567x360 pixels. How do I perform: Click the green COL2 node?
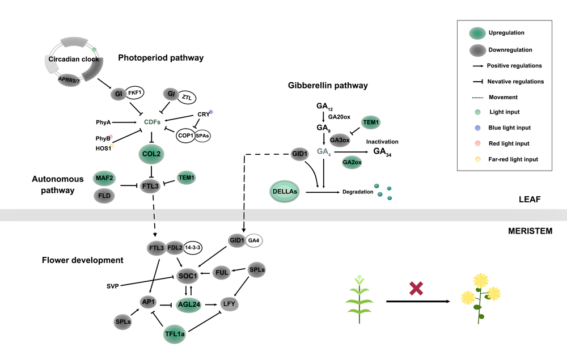[x=152, y=154]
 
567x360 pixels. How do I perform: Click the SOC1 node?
[x=189, y=276]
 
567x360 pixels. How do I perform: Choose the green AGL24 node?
[x=189, y=304]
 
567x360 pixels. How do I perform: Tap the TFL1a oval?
[x=175, y=335]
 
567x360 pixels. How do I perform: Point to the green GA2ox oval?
[x=352, y=163]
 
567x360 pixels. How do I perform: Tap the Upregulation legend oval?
[x=478, y=33]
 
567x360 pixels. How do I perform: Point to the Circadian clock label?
[x=73, y=59]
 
